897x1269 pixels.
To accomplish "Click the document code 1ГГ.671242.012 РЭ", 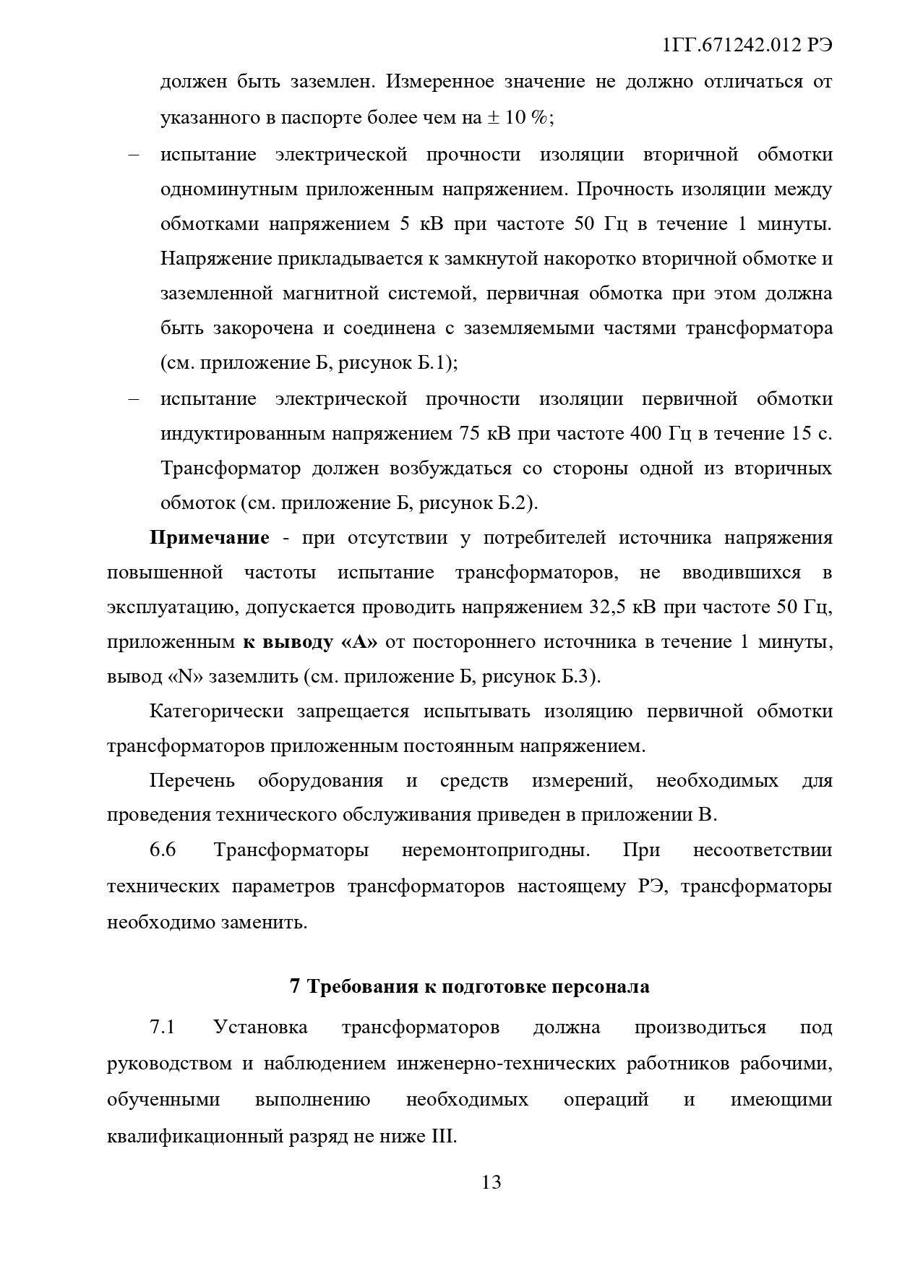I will tap(747, 45).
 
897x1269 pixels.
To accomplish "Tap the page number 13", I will tap(491, 1182).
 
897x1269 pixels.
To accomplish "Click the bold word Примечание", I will tap(210, 538).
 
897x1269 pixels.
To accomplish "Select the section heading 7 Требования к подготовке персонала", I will tap(469, 986).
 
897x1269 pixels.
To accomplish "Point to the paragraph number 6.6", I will tap(163, 850).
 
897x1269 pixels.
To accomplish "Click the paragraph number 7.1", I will tap(163, 1027).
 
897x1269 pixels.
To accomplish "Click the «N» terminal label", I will tap(186, 677).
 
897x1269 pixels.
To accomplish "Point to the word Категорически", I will tap(216, 712).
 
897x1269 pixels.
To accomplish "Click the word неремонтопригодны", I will tap(496, 850).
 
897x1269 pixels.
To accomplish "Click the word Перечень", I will tap(192, 781).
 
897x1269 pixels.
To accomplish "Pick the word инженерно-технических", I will tap(506, 1064).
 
